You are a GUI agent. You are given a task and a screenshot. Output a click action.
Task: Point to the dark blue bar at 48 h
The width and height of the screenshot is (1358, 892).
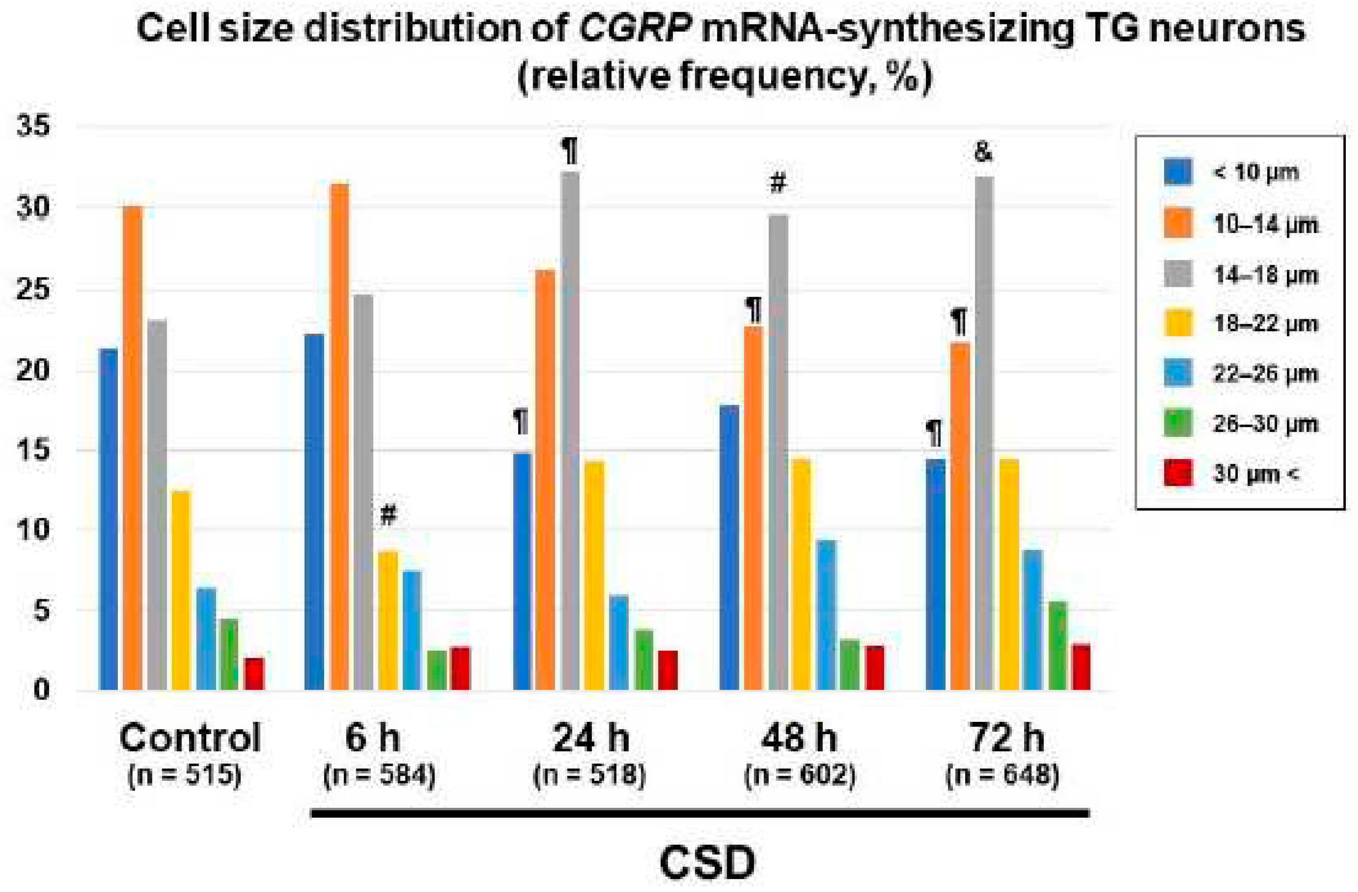(729, 548)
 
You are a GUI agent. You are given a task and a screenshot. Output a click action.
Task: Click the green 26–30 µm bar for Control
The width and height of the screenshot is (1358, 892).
(229, 655)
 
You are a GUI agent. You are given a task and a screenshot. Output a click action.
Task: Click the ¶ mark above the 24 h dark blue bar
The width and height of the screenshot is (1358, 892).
(520, 422)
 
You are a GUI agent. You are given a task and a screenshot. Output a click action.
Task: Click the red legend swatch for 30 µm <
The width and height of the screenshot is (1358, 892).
(1178, 473)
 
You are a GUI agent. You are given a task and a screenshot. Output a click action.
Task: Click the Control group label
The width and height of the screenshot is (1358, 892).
(190, 738)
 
